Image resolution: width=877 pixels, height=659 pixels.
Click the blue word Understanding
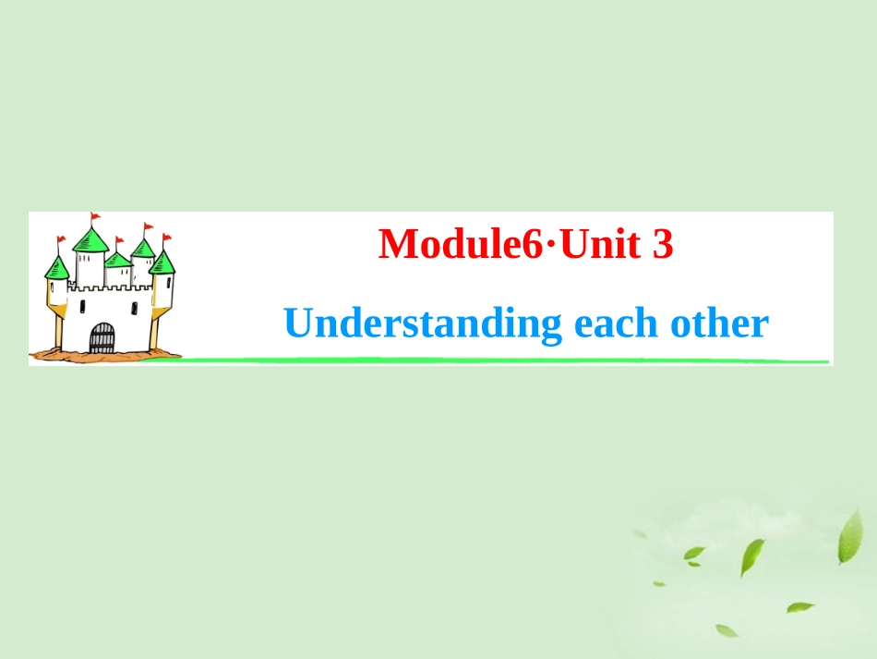[x=423, y=324]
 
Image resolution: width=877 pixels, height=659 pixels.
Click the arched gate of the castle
[x=102, y=338]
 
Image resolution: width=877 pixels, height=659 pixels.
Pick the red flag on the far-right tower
[x=166, y=238]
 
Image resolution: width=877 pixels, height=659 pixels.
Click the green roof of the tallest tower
[x=91, y=241]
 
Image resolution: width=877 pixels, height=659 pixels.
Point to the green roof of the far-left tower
[x=57, y=269]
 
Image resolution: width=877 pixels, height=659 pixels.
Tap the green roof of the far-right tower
[x=162, y=262]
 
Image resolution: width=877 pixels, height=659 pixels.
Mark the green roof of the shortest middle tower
[x=117, y=260]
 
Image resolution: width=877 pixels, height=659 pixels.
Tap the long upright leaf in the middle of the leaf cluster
[x=751, y=556]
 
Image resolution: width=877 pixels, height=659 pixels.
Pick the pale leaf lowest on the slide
[x=727, y=630]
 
